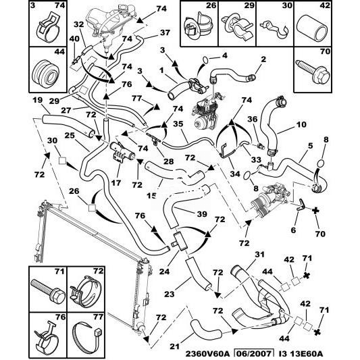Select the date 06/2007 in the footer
pyautogui.click(x=254, y=354)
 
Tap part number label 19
pyautogui.click(x=37, y=101)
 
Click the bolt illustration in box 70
pyautogui.click(x=313, y=72)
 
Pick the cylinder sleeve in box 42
pyautogui.click(x=313, y=28)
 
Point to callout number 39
pyautogui.click(x=202, y=214)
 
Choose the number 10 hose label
pyautogui.click(x=301, y=124)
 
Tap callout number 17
pyautogui.click(x=116, y=183)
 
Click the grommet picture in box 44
pyautogui.click(x=45, y=74)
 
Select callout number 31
pyautogui.click(x=259, y=255)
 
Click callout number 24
pyautogui.click(x=164, y=272)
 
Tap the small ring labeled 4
pyautogui.click(x=205, y=60)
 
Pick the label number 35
pyautogui.click(x=178, y=124)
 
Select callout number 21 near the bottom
pyautogui.click(x=175, y=346)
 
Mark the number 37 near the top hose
pyautogui.click(x=165, y=32)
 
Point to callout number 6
pyautogui.click(x=293, y=230)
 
